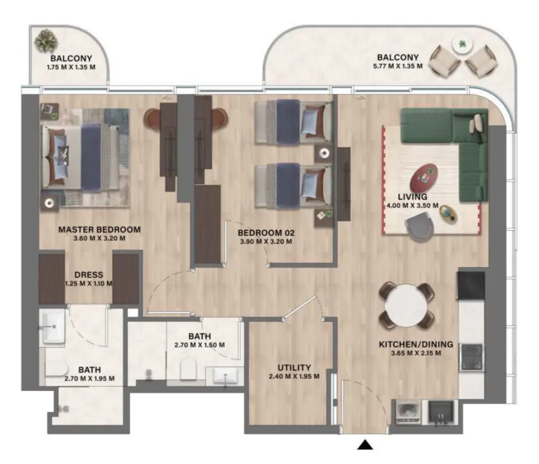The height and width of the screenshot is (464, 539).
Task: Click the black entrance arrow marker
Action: point(365,445)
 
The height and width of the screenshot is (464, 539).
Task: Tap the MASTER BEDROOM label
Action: point(100,230)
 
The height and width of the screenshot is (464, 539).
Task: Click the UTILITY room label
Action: point(294,367)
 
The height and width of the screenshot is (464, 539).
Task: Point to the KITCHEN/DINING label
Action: point(416,345)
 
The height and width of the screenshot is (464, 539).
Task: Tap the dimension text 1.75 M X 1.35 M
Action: point(71,67)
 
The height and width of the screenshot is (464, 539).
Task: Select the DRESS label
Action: point(89,275)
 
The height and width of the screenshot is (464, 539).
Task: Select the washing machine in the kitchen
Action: point(408,412)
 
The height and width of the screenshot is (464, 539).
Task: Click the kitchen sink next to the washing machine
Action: point(442,412)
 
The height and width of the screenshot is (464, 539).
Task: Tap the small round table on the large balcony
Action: point(461,43)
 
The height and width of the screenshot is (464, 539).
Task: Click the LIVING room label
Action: point(413,197)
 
